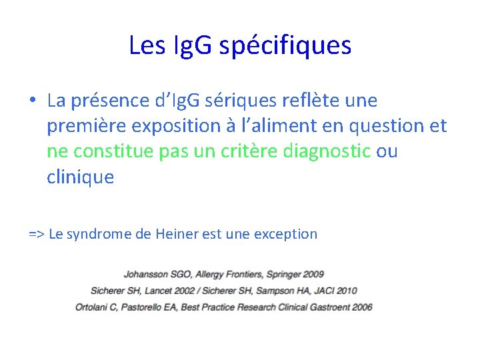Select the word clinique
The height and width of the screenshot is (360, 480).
81,178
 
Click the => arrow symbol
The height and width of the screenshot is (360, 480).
37,234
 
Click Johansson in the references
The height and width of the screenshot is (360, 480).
144,274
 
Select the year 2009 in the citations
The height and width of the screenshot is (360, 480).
313,274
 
